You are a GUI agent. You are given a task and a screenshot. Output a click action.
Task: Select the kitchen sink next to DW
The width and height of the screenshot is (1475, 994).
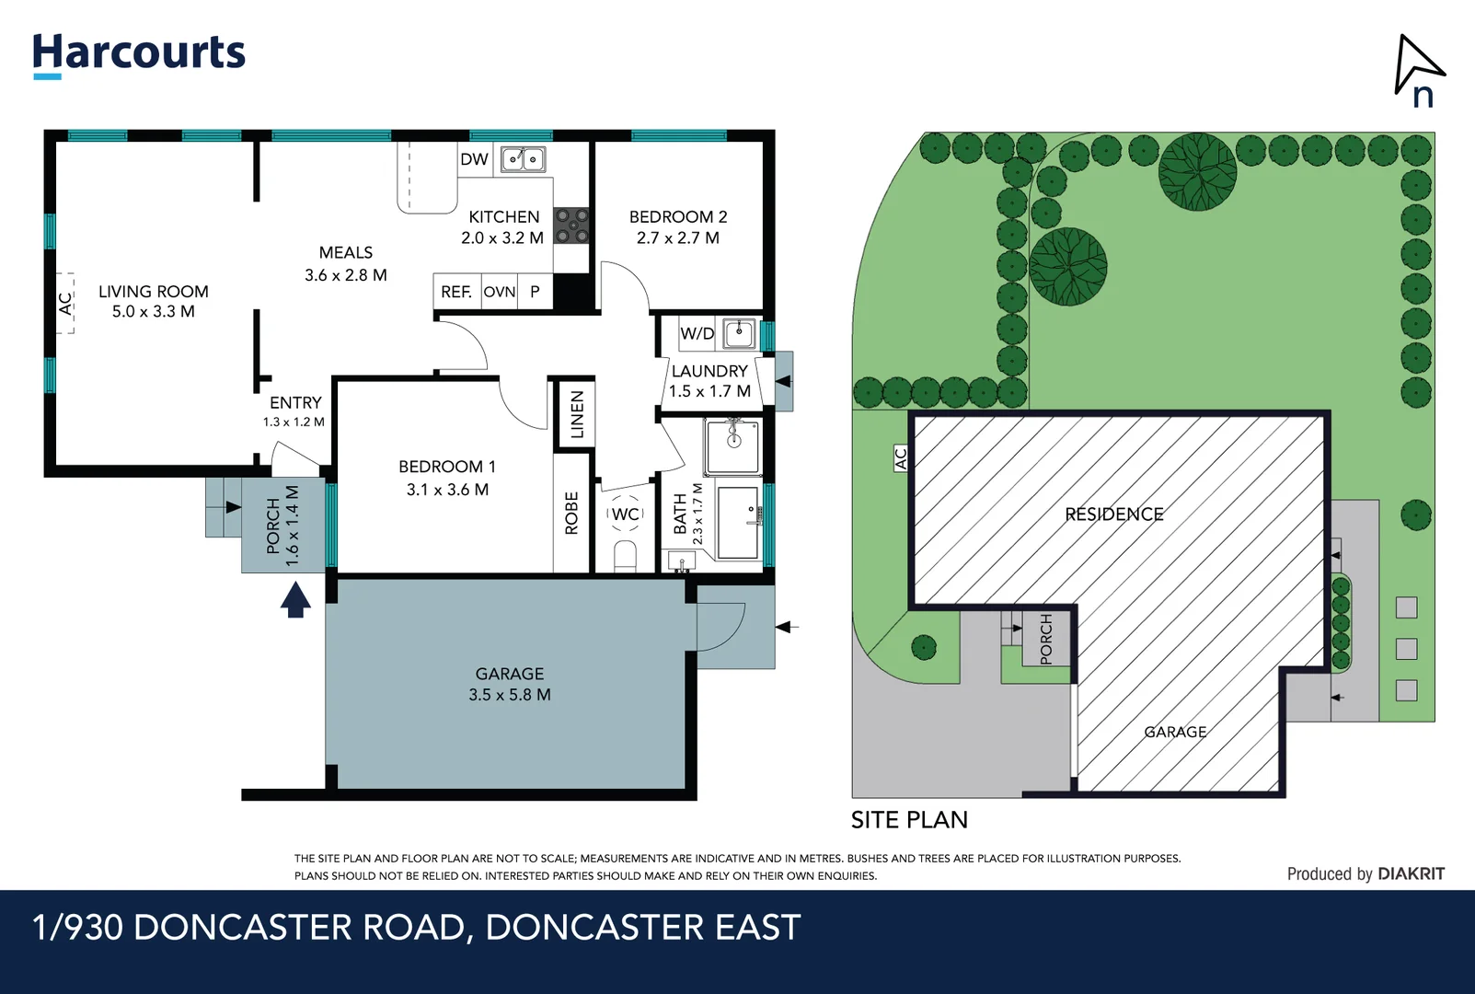pos(523,159)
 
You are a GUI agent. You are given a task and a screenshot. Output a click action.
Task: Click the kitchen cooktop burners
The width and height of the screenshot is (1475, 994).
pos(571,225)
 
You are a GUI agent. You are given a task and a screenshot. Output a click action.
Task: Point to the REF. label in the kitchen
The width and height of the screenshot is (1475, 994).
pos(455,292)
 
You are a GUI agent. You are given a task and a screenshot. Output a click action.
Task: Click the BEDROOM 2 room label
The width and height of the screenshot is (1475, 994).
pos(678,226)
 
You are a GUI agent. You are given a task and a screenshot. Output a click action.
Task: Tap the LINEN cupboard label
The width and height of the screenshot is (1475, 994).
pos(577,414)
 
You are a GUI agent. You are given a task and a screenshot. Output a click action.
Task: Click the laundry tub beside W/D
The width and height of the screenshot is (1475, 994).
pos(739,333)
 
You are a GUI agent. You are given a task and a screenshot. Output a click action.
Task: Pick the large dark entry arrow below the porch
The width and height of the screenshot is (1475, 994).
pos(294,600)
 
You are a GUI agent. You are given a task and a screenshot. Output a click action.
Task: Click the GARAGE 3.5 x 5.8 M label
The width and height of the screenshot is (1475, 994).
pos(510,684)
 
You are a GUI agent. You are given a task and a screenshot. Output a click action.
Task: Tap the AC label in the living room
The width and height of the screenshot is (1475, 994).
pos(65,303)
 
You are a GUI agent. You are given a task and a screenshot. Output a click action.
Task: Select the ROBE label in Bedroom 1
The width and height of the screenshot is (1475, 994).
pos(571,513)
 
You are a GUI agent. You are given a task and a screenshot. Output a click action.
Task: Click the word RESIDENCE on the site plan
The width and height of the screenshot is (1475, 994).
pos(1113,514)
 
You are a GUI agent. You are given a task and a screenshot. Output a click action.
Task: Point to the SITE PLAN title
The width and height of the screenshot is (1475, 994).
pos(909,819)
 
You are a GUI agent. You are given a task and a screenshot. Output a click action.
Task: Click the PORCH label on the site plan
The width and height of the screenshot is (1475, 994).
pos(1046,639)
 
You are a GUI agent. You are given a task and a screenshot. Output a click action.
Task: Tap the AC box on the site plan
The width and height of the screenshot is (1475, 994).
pos(901,458)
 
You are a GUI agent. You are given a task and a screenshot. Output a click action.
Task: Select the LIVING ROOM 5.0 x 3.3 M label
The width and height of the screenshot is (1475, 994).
pos(154,301)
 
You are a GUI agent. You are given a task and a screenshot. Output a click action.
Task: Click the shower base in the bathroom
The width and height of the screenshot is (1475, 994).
pos(733,446)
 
